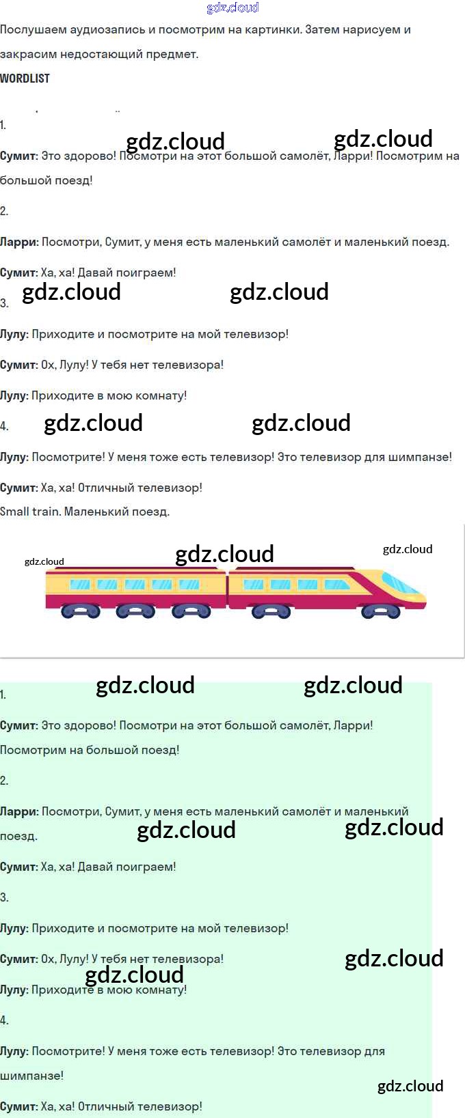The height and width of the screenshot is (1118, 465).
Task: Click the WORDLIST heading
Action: pos(25,79)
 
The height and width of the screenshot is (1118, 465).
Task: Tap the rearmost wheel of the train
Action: pos(81,611)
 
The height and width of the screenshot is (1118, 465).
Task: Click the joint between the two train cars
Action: pos(227,591)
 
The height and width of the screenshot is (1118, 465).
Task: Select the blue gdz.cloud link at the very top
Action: pos(232,8)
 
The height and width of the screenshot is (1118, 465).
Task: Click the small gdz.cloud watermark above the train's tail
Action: pos(44,561)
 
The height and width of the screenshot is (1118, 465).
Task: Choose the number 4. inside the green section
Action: pos(4,1020)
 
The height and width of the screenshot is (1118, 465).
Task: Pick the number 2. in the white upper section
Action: pos(4,211)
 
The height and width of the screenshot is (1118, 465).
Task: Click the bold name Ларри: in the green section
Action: pos(19,811)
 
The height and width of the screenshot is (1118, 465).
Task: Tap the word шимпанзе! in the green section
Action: pos(31,1076)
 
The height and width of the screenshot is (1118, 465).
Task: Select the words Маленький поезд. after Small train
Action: pos(117,512)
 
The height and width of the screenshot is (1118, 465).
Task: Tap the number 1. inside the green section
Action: pos(3,695)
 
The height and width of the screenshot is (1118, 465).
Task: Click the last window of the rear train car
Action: pos(80,585)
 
